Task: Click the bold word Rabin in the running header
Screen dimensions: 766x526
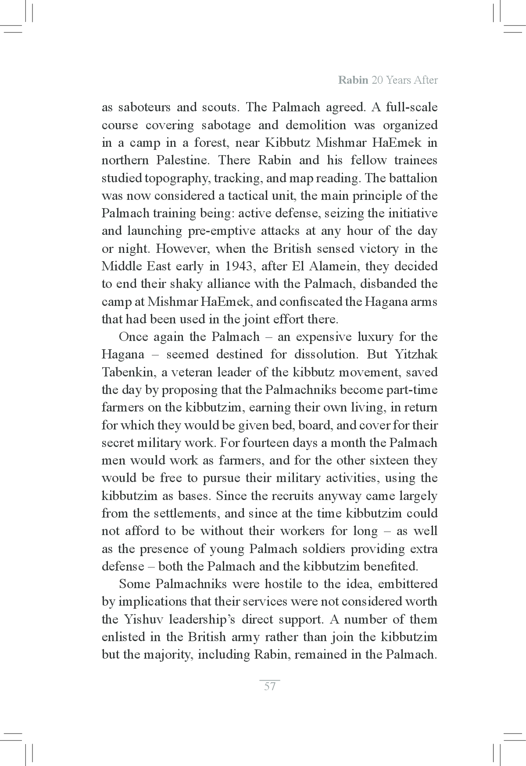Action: click(353, 80)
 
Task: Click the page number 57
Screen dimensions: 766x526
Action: click(270, 686)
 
